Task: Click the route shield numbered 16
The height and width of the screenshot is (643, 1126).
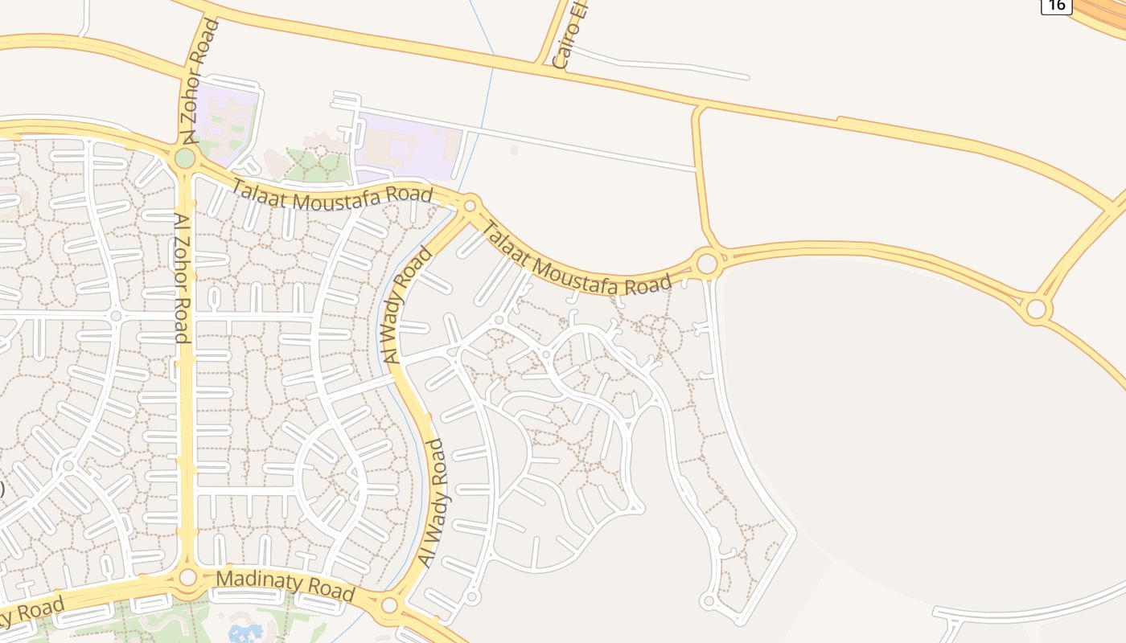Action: (x=1056, y=5)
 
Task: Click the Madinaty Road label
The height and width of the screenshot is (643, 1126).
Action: (x=286, y=585)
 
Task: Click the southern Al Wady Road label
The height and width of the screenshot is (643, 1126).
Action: (x=432, y=503)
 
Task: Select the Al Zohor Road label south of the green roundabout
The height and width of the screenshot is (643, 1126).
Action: (x=181, y=277)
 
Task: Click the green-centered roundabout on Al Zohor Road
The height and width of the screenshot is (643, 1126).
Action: (x=185, y=158)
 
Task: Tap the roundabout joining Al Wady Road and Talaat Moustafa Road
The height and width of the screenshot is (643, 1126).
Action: (x=471, y=206)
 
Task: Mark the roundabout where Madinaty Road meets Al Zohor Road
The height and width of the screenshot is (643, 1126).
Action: (x=187, y=577)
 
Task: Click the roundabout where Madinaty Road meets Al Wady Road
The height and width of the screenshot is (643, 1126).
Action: (x=389, y=604)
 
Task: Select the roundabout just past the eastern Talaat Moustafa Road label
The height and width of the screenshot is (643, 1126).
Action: (x=707, y=263)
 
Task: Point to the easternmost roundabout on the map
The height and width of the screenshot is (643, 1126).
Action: (x=1037, y=309)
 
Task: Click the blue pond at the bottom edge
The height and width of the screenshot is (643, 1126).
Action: (x=245, y=633)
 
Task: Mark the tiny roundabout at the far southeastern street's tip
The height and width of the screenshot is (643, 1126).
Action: (x=708, y=600)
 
